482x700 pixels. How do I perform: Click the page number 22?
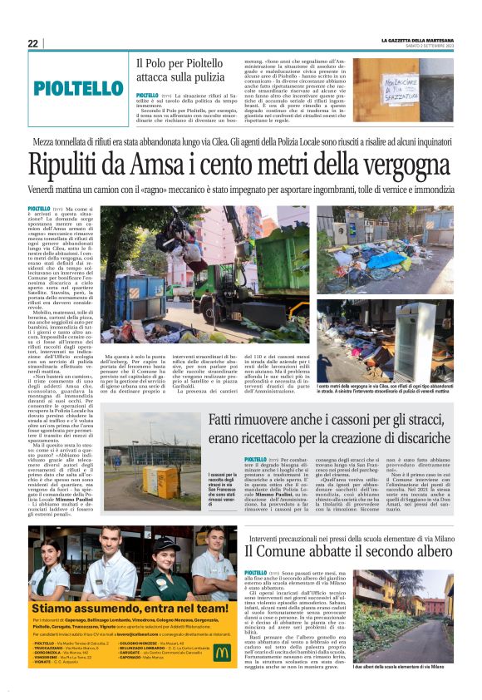click(32, 43)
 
